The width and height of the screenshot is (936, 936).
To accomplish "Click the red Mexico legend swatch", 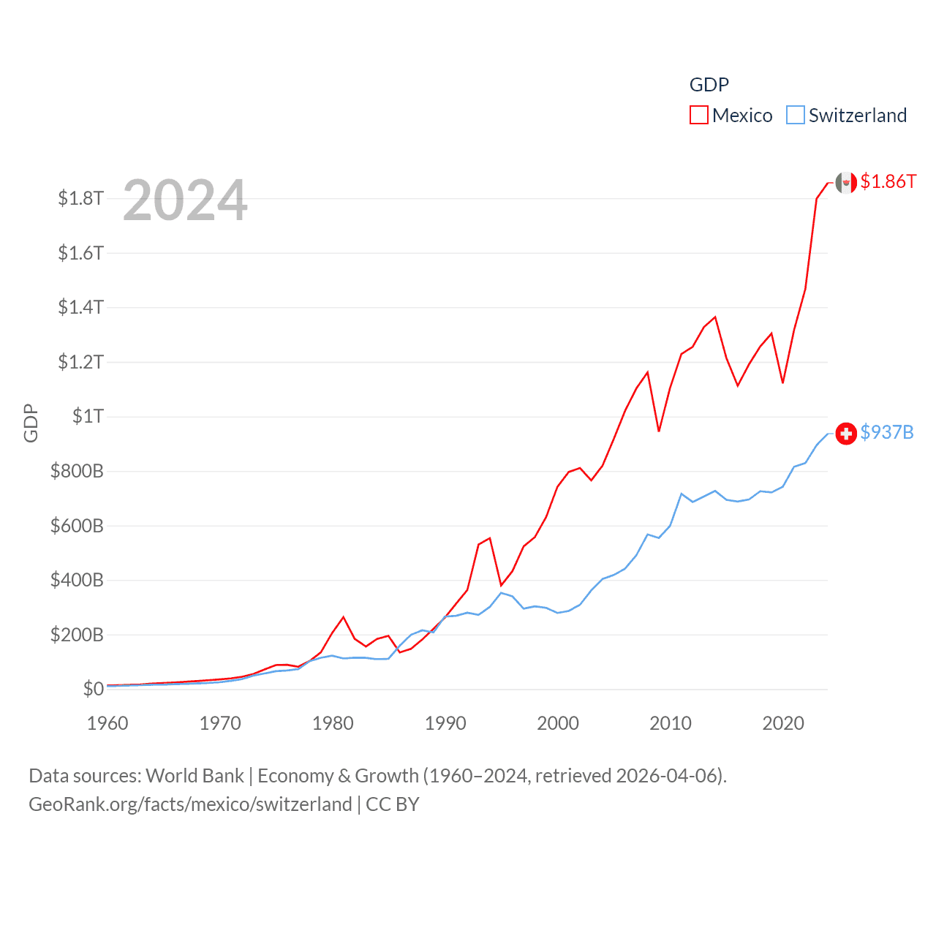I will tap(699, 116).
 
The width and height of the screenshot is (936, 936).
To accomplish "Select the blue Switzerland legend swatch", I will tap(796, 116).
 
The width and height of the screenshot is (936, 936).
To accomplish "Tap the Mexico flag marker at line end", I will tap(846, 183).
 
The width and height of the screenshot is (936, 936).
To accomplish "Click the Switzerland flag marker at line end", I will tap(846, 434).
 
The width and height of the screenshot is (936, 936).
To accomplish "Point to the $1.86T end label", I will tap(888, 181).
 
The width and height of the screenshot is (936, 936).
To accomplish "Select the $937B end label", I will tap(886, 432).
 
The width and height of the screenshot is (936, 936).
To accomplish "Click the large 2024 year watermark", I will tap(185, 200).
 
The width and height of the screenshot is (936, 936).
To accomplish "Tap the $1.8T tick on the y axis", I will tap(80, 198).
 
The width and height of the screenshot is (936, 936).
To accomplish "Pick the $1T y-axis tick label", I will tap(88, 416).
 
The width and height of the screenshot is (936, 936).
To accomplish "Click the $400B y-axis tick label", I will tap(77, 580).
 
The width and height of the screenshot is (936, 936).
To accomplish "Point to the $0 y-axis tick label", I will tap(93, 689).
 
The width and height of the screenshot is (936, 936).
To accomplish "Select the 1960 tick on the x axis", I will tap(107, 723).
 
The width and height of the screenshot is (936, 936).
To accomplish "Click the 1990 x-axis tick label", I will tap(445, 723).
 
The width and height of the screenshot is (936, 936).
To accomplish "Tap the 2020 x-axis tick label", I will tap(783, 723).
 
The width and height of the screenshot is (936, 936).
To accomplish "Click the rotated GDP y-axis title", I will tap(31, 423).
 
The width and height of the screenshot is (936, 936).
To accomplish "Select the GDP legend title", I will tap(709, 85).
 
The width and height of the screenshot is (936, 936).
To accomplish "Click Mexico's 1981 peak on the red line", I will tap(344, 617).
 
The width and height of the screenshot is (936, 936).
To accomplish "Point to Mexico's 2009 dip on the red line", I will tap(659, 431).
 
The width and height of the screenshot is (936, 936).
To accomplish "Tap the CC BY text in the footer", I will tap(392, 804).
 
